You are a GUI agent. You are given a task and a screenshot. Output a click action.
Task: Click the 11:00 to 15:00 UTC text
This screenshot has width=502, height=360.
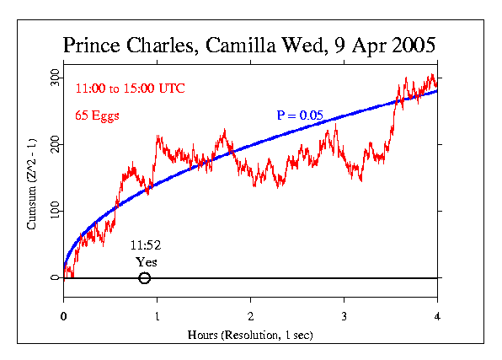coord(130,88)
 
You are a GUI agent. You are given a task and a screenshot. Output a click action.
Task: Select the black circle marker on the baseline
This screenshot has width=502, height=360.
coord(144,278)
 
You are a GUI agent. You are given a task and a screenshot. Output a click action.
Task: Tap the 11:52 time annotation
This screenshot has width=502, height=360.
coord(145,245)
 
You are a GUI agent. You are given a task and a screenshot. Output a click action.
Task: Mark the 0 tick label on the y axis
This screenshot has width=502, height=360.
coord(56,277)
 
